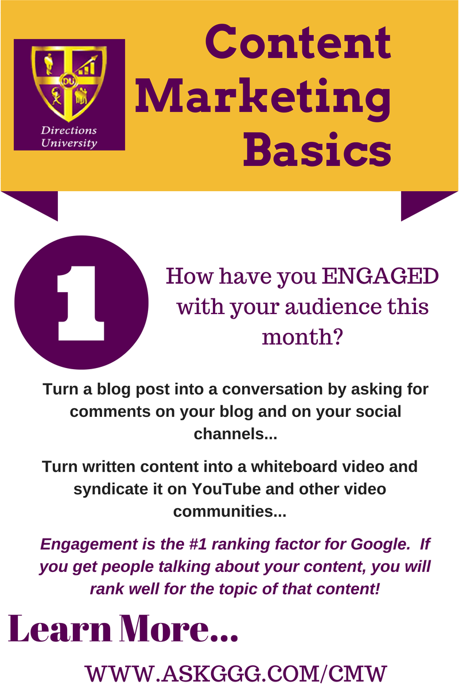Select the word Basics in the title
[317, 150]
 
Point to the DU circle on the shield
[67, 81]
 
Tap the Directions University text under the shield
[69, 137]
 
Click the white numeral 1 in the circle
[81, 303]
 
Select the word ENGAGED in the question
[380, 276]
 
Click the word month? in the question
[302, 337]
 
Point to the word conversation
[272, 389]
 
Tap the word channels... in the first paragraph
[235, 434]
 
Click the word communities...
[229, 512]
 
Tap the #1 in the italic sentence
[198, 544]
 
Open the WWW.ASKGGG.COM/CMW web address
[235, 673]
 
